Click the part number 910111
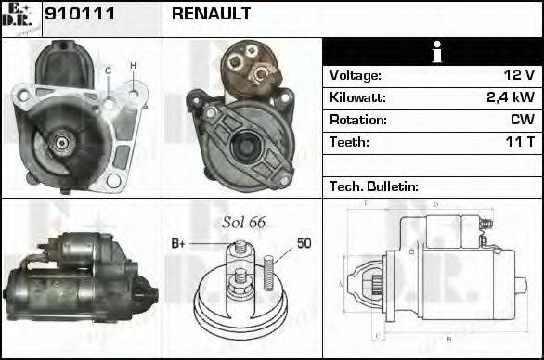click(x=71, y=15)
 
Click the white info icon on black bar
click(x=432, y=52)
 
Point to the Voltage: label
click(x=356, y=75)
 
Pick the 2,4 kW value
click(x=510, y=97)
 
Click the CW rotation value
click(x=521, y=120)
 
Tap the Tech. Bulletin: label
click(x=373, y=186)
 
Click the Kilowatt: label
click(x=358, y=97)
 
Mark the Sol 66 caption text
click(x=244, y=222)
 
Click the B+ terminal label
click(x=179, y=243)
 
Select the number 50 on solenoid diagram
click(x=304, y=243)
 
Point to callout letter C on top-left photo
click(x=109, y=71)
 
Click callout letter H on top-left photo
click(x=133, y=65)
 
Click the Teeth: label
click(x=349, y=142)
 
